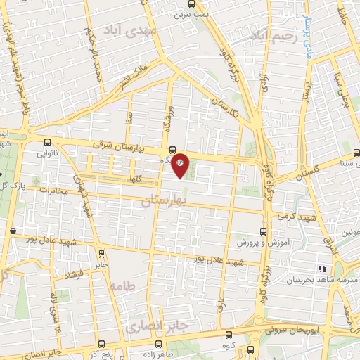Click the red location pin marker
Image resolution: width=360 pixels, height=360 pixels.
[x=180, y=165]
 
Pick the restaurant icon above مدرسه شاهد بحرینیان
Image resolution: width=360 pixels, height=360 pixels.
[x=323, y=269]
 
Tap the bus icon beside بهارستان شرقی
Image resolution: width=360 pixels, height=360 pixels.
[x=172, y=149]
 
